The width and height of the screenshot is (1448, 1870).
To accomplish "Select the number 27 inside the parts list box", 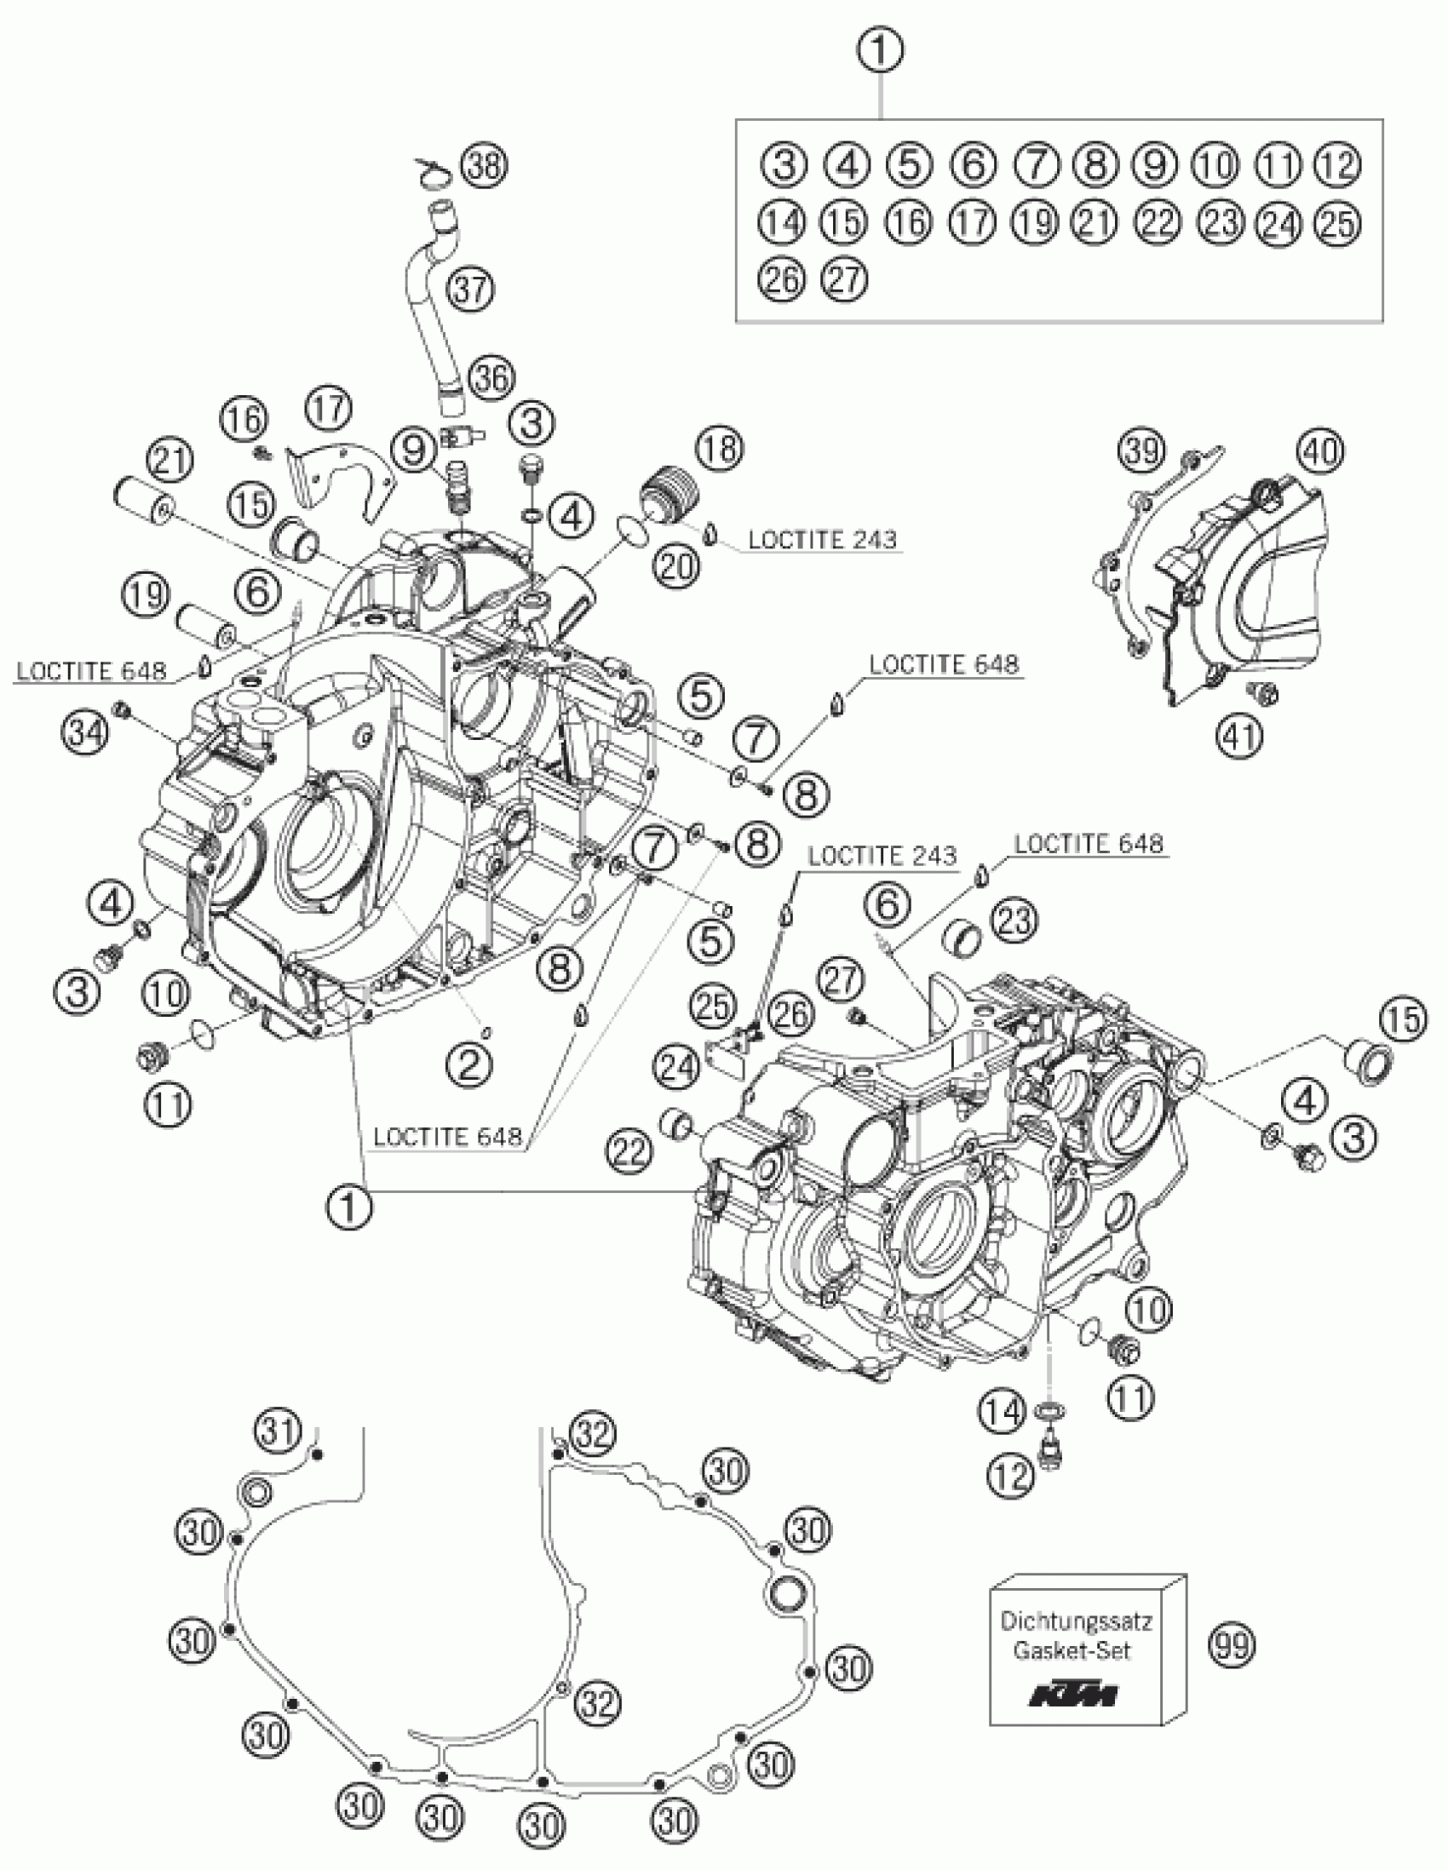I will (x=844, y=278).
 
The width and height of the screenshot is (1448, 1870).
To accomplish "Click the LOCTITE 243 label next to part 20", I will (x=822, y=539).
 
